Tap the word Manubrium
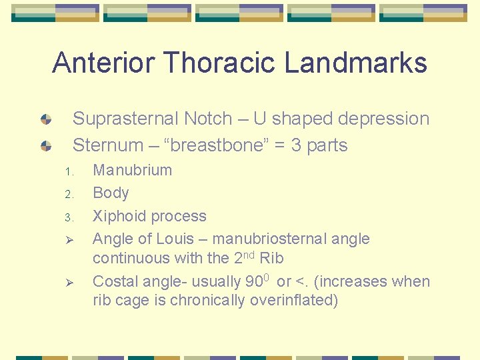tap(132, 170)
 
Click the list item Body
tap(111, 193)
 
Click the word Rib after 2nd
tap(271, 258)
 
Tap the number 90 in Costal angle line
tap(253, 282)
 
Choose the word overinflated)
tap(294, 301)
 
